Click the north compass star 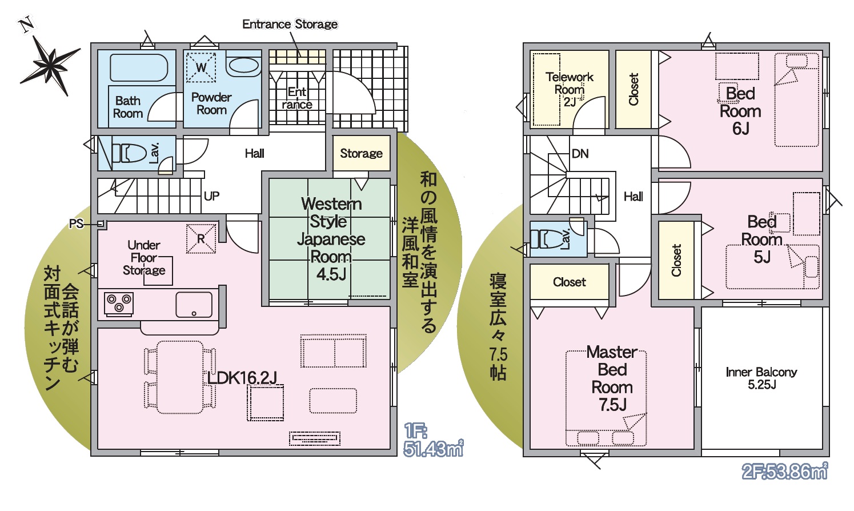(x=50, y=65)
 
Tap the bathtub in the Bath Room (x=139, y=68)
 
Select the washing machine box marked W (x=201, y=67)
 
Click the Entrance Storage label (x=290, y=25)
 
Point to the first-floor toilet (x=129, y=153)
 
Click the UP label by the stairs (x=211, y=196)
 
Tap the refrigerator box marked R (x=201, y=239)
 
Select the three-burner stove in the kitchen (x=119, y=304)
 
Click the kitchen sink (x=194, y=305)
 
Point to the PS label (x=76, y=224)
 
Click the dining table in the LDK (x=180, y=377)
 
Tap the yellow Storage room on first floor (x=361, y=153)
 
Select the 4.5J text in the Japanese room (x=331, y=274)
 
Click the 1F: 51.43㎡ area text (x=433, y=441)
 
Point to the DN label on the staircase (x=580, y=154)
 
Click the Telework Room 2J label (x=569, y=89)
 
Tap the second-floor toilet (x=547, y=239)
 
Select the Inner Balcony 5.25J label (x=761, y=378)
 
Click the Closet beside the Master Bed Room (x=569, y=282)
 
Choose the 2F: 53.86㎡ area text (x=785, y=472)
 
